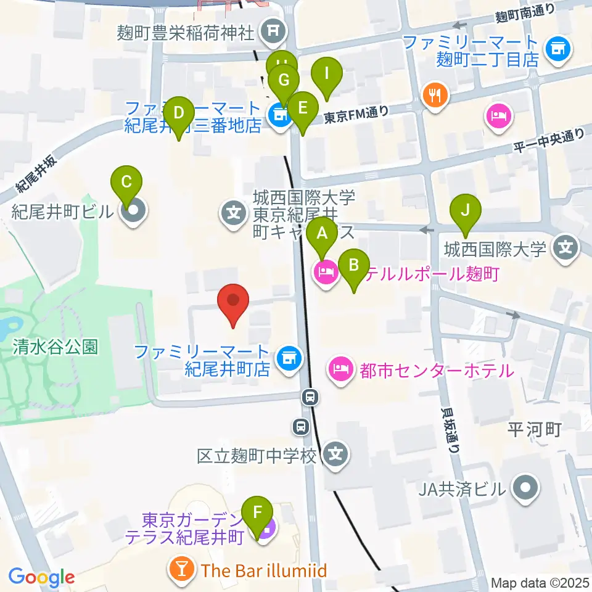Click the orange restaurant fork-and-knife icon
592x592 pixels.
pos(436,94)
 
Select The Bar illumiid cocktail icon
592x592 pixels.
pos(183,569)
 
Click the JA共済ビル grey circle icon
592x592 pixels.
pos(525,490)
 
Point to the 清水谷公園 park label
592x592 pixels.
pos(55,347)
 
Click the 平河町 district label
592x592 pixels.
pos(533,429)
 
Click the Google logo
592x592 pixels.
pos(41,577)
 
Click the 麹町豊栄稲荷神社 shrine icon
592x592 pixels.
pos(271,30)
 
